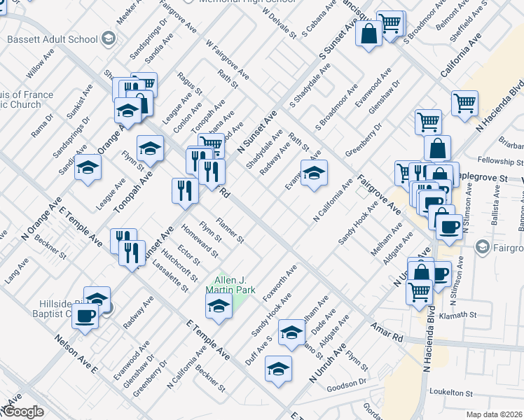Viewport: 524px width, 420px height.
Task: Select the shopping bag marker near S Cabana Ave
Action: pyautogui.click(x=368, y=34)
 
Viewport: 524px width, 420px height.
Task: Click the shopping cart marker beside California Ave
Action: pyautogui.click(x=464, y=104)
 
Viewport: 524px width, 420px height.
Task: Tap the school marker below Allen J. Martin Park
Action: pyautogui.click(x=219, y=306)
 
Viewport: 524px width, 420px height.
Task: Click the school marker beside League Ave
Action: pyautogui.click(x=88, y=167)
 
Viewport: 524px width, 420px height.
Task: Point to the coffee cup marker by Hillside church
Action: pyautogui.click(x=86, y=316)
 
